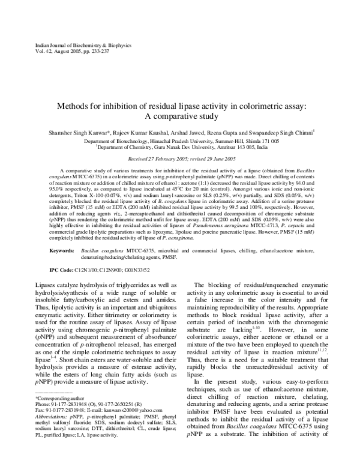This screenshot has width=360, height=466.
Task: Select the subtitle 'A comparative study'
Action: click(180, 116)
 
